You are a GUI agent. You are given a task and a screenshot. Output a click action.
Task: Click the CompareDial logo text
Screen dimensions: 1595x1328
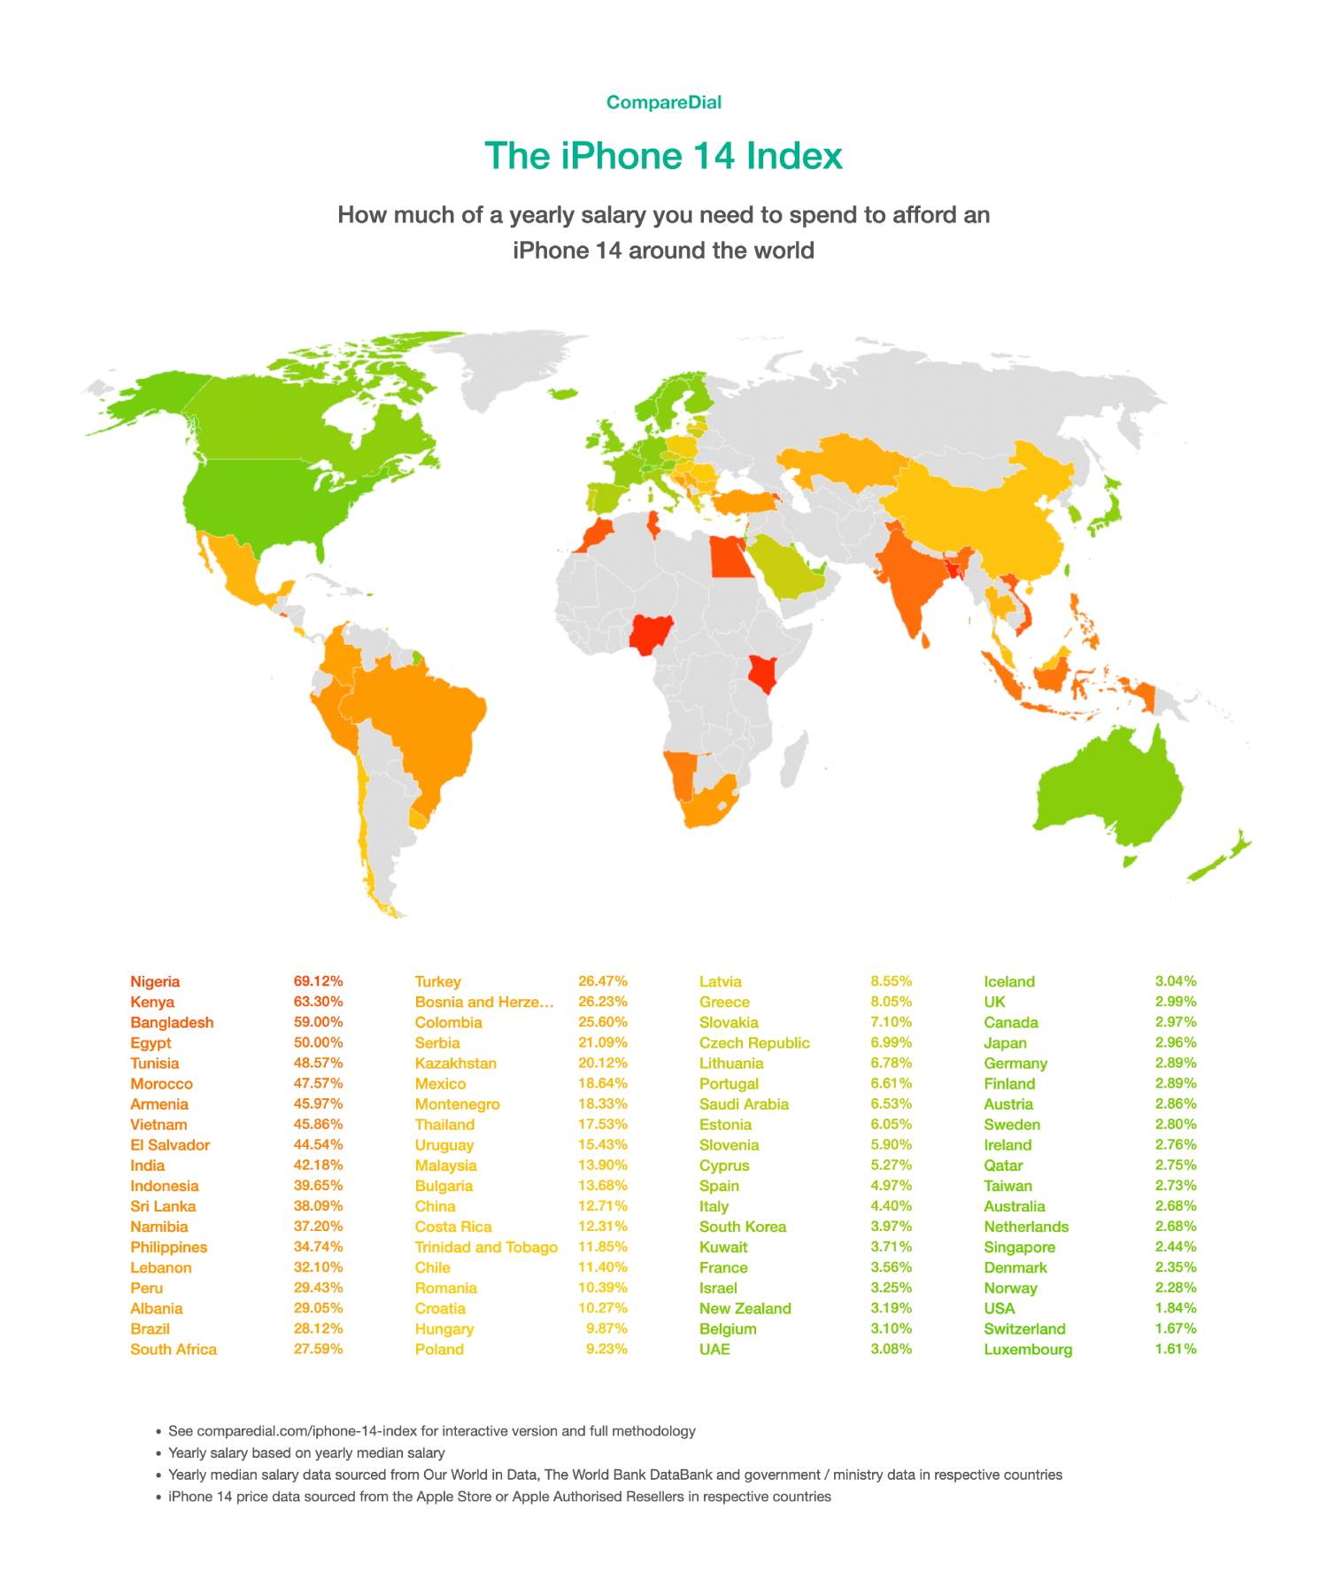[663, 102]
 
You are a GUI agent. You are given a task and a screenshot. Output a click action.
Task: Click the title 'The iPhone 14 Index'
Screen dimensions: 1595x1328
[663, 156]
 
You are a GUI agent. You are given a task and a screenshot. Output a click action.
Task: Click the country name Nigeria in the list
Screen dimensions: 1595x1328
[155, 981]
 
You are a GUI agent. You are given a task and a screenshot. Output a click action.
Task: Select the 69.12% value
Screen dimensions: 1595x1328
[318, 981]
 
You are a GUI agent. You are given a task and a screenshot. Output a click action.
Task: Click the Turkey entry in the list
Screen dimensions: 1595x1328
[437, 981]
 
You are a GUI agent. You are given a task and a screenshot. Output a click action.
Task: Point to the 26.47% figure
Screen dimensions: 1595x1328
[603, 981]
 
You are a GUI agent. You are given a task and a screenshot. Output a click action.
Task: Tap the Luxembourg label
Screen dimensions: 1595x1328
[1028, 1350]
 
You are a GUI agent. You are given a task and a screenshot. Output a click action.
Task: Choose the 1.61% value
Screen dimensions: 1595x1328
[1175, 1350]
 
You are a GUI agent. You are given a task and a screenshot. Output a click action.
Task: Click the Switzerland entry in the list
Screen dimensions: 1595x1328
[1024, 1329]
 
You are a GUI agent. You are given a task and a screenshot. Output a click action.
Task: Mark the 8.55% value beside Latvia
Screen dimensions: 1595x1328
[891, 981]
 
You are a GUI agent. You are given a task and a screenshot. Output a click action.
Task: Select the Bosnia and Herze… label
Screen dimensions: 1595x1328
[484, 1002]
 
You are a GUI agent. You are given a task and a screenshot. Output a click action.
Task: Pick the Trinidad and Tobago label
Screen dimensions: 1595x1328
[486, 1247]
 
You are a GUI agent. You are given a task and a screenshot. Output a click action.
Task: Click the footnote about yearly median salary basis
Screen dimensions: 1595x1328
[306, 1453]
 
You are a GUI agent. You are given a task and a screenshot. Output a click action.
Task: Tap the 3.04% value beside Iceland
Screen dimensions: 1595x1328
[1175, 981]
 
